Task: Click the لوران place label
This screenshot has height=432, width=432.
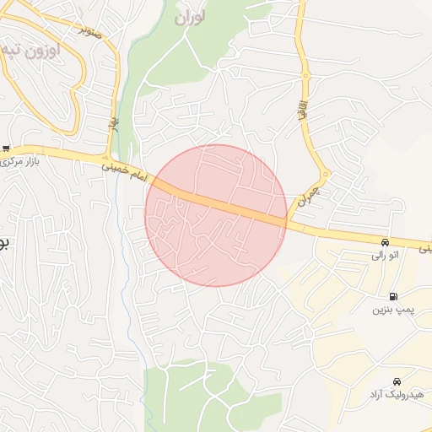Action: [x=191, y=17]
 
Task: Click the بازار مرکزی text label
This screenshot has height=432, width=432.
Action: [x=24, y=160]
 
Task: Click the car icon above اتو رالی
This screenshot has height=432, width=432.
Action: [x=385, y=240]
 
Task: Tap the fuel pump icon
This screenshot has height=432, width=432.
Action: [x=394, y=296]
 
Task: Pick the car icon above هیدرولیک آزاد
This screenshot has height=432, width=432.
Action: [x=397, y=381]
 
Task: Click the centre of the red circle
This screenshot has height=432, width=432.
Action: [x=216, y=215]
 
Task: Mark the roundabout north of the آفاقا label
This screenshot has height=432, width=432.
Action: [x=305, y=76]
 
